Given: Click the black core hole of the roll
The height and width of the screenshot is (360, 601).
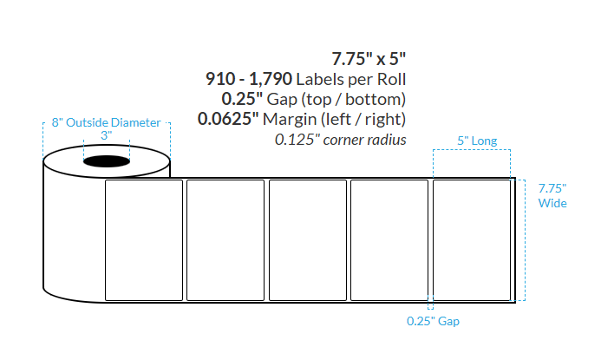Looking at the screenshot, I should point(106,161).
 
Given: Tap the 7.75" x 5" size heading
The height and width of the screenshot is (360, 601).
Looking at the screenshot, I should point(369,59).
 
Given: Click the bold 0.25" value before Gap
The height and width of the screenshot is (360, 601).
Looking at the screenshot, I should point(241,99).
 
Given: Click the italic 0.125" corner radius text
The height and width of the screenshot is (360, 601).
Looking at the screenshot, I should point(340,139).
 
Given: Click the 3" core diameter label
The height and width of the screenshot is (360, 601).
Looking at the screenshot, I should point(106,135).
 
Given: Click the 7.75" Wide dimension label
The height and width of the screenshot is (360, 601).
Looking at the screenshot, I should point(552,195).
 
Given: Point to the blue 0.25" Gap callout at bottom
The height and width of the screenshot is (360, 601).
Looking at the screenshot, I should point(433,321).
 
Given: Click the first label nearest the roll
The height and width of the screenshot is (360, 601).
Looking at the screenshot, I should point(144,239).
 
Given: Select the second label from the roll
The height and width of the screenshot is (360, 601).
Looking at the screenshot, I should point(225,239).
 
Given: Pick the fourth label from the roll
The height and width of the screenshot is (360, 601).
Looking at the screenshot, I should point(389,239).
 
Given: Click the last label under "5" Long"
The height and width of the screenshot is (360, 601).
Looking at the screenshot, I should point(471,239).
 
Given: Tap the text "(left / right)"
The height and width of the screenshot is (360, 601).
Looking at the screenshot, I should point(363,119).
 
